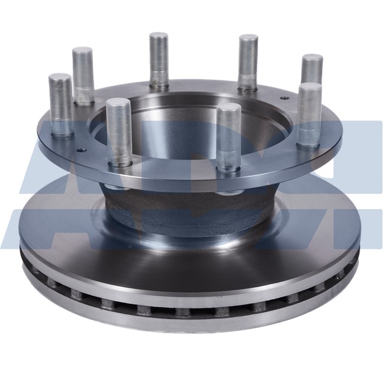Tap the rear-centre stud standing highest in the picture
(x=158, y=59)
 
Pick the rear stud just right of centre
(x=248, y=63)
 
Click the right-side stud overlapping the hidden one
(x=309, y=115)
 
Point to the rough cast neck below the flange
(x=183, y=210)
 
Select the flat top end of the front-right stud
(x=229, y=108)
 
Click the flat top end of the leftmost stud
(x=60, y=77)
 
